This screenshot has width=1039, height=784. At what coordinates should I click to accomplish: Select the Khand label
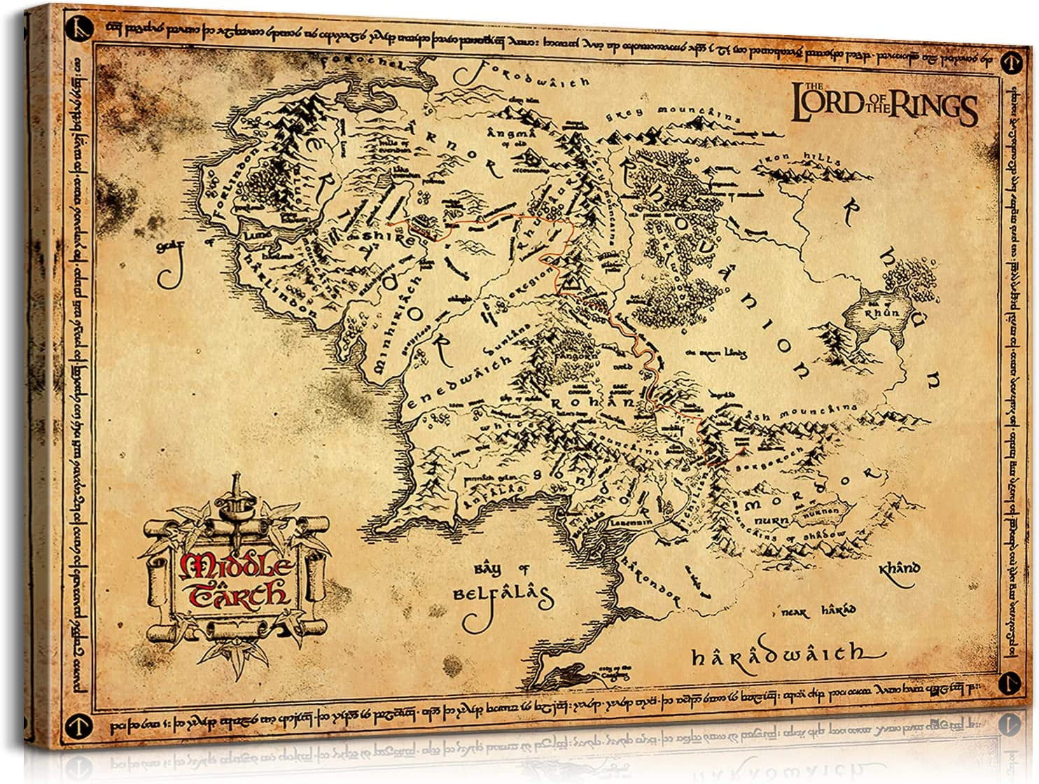click(x=898, y=568)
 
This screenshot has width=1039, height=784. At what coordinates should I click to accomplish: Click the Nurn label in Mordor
click(x=772, y=521)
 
